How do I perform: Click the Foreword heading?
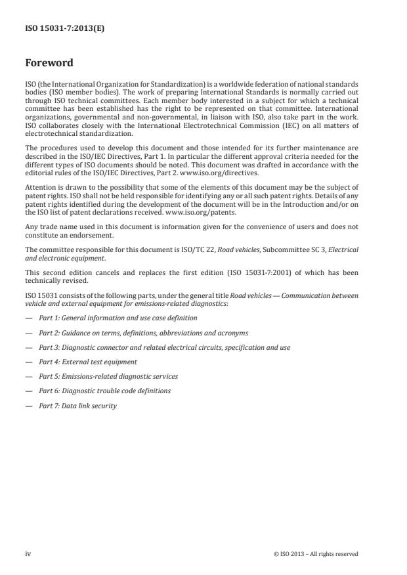[49, 63]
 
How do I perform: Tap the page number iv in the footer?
[28, 553]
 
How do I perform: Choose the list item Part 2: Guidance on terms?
[143, 333]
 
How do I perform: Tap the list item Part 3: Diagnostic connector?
[164, 347]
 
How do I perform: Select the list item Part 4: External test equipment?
[87, 362]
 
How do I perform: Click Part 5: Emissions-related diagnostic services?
[108, 376]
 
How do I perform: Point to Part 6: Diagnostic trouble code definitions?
[104, 391]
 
